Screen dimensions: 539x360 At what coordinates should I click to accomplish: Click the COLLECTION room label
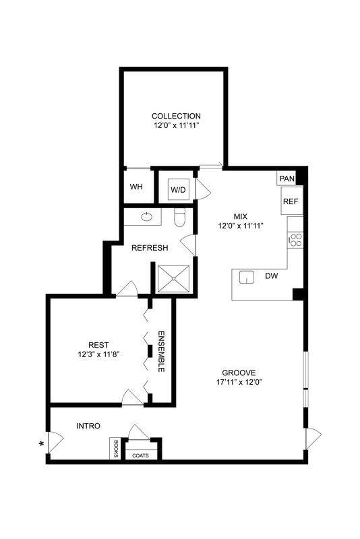coord(176,116)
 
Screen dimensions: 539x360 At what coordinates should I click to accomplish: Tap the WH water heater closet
coord(136,187)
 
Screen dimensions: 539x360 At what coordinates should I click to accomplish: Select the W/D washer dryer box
coord(178,189)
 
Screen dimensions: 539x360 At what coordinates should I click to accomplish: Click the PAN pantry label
coord(287,179)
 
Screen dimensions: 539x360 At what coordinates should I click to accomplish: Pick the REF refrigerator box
coord(291,201)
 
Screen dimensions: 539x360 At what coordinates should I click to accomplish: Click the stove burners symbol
coord(295,239)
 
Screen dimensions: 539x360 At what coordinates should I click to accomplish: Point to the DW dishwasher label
coord(272,276)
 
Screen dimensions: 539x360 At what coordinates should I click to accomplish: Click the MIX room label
coord(240,216)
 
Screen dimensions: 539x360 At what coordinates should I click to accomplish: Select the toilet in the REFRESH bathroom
coord(179,218)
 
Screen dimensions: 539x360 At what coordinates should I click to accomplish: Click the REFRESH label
coord(150,248)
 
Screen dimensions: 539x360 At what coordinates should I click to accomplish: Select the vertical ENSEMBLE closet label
coord(162,352)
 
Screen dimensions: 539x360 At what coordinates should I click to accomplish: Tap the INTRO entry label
coord(88,426)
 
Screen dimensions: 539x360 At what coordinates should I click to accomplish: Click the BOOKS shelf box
coord(116,449)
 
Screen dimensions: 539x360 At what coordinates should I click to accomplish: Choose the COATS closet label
coord(141,455)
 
